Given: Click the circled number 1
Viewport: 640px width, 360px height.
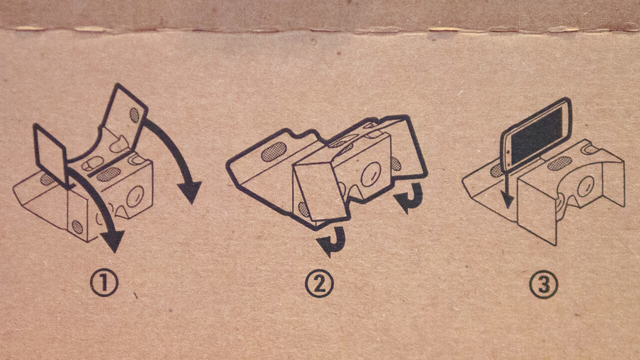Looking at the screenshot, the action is [x=104, y=283].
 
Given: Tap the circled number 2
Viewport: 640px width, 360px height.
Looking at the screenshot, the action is [x=319, y=283].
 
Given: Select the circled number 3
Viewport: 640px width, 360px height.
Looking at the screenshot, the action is [x=543, y=284].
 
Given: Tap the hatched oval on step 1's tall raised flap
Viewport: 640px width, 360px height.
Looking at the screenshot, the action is [x=134, y=115].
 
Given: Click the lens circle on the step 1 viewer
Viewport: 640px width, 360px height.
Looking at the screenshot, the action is [x=135, y=196].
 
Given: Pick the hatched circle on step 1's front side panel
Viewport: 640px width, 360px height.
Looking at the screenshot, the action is [x=77, y=227].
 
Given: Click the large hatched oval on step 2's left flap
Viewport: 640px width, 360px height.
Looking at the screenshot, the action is [x=273, y=151].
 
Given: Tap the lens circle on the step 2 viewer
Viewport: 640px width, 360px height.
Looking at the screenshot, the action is [x=371, y=174].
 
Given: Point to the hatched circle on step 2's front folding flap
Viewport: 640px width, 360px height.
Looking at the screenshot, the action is [x=303, y=209].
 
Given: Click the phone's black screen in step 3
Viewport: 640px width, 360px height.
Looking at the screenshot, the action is [x=536, y=135].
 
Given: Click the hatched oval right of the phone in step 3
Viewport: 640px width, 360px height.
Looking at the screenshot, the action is [x=559, y=163].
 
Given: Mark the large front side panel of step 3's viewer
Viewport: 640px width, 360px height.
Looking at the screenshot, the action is [x=537, y=210].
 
